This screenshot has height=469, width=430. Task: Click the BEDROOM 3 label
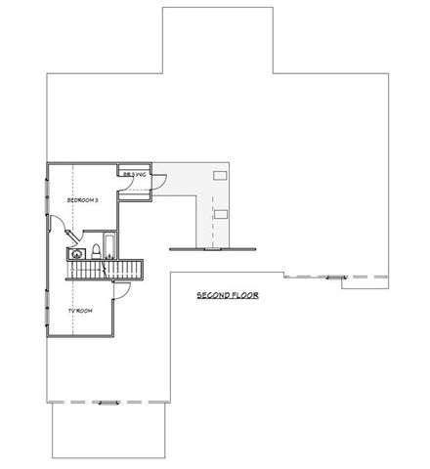(82, 199)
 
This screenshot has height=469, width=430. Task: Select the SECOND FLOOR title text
(227, 295)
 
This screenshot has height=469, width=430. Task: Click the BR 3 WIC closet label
(135, 175)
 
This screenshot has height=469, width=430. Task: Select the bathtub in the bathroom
(110, 244)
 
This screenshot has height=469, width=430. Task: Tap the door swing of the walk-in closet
(160, 181)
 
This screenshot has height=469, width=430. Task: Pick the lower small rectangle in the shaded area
(221, 212)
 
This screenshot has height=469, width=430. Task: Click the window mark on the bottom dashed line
(107, 402)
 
